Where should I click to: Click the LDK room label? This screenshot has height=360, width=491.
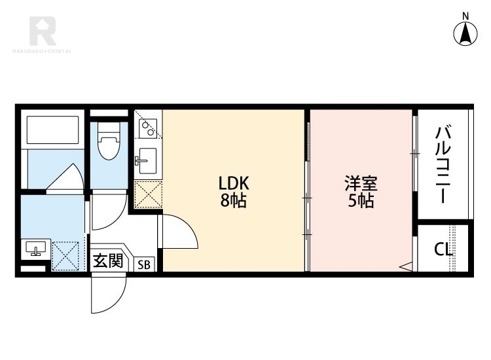coord(234,183)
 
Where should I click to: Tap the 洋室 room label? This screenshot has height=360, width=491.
coord(361,183)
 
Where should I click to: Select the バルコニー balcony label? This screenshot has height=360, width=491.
coord(443,164)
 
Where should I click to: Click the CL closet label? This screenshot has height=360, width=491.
coord(443,249)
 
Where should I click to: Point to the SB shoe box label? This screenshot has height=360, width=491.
coord(144,265)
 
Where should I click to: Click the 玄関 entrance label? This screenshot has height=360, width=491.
coord(108,261)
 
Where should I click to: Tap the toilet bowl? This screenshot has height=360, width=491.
coord(109,141)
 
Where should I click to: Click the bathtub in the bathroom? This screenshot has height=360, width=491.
coord(52,130)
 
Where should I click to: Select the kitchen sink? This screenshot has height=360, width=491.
coord(147,161)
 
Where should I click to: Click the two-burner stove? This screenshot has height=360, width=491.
coord(148,128)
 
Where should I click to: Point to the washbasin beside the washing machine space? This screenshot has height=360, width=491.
coord(36,248)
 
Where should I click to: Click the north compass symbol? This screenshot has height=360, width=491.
coord(465,34)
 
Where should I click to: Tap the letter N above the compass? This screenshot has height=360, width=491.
coord(465,16)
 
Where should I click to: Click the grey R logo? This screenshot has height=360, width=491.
coord(43,31)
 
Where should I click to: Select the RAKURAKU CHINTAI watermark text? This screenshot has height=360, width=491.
coord(42,51)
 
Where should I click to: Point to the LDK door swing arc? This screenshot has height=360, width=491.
coord(191,226)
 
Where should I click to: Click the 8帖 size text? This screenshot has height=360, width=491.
coord(234,201)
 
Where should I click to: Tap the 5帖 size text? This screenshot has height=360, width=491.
coord(361,201)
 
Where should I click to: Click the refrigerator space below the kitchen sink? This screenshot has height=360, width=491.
coord(148,194)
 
